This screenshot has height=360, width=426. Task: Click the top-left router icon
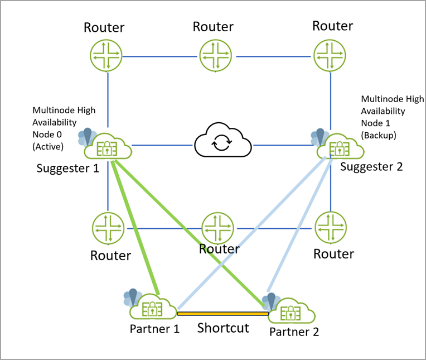(106, 56)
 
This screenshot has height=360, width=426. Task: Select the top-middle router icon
(216, 56)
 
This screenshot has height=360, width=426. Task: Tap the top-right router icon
(331, 56)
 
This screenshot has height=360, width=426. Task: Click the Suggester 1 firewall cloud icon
(107, 147)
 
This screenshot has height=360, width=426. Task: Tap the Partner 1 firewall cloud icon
(153, 308)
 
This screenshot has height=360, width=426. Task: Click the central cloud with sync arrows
(223, 143)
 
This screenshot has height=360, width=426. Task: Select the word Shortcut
(223, 328)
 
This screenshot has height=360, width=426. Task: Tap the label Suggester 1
(67, 167)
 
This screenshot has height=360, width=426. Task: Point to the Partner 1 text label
(154, 329)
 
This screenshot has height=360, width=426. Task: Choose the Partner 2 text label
(294, 332)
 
